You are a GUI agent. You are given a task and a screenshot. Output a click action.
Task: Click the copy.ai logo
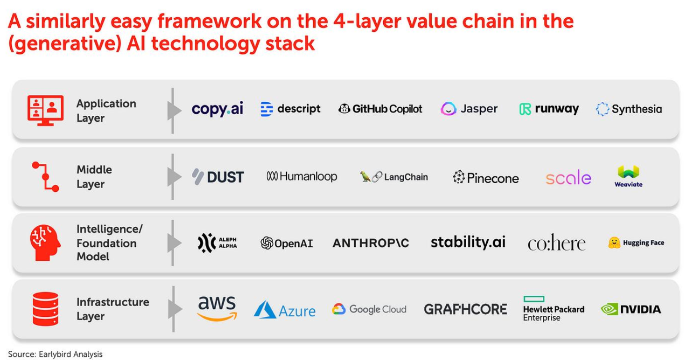(x=217, y=109)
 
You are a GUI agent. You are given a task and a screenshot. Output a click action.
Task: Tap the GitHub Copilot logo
(x=380, y=109)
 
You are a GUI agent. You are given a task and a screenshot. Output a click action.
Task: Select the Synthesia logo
(x=628, y=109)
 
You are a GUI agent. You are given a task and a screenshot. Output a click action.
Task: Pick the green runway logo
(x=549, y=109)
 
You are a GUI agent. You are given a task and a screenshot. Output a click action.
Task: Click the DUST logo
(x=218, y=177)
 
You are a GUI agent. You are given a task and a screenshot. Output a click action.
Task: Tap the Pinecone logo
(x=486, y=177)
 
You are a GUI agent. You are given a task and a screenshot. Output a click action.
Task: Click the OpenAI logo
(x=286, y=243)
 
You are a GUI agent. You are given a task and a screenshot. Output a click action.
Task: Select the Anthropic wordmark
(x=371, y=243)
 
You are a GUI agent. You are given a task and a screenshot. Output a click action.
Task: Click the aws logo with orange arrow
(x=217, y=309)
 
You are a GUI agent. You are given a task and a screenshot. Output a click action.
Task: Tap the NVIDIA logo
(x=631, y=309)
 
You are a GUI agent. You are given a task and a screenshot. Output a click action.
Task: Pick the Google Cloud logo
(x=369, y=309)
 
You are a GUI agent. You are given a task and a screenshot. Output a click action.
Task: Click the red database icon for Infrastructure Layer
(x=45, y=309)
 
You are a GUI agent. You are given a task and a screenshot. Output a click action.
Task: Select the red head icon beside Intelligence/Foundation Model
(x=45, y=243)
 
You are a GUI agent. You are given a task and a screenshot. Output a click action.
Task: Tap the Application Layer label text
(x=106, y=110)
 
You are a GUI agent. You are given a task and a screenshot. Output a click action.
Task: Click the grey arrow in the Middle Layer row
(x=174, y=177)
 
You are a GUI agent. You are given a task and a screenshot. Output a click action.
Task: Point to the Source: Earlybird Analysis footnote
(x=55, y=354)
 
